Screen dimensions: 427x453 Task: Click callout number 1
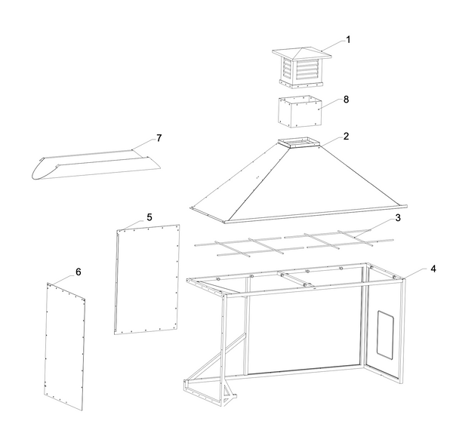(349, 38)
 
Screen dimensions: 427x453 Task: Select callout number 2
(346, 137)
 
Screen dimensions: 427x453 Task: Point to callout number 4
(433, 268)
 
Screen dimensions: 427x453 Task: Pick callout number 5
(149, 217)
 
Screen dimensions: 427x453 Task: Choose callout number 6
(79, 271)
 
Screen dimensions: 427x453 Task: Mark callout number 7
(159, 138)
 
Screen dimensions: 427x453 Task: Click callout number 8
(347, 99)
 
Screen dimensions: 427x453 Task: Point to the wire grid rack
(294, 241)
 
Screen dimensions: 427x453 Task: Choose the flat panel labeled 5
(146, 279)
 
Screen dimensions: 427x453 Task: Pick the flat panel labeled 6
(65, 343)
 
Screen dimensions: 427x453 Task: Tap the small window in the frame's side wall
(384, 333)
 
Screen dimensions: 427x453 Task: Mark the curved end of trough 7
(41, 170)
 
